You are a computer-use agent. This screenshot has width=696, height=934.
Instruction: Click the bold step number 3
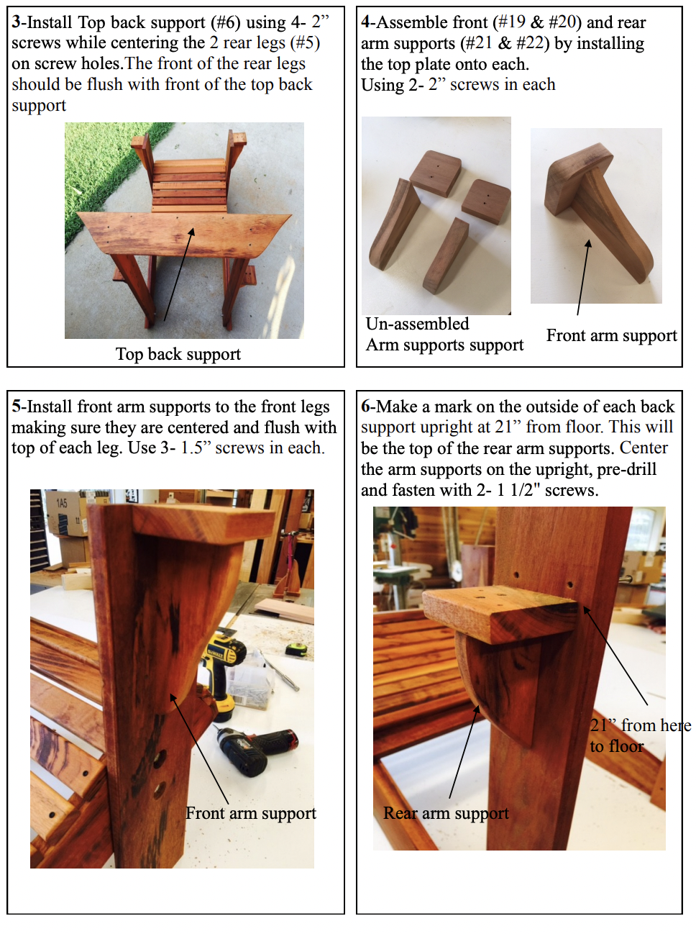coord(16,22)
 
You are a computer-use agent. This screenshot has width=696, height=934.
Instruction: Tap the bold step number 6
coord(365,407)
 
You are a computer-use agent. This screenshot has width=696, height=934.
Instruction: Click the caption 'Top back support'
coord(178,354)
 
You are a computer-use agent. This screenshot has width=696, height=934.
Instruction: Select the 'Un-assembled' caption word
coord(417,324)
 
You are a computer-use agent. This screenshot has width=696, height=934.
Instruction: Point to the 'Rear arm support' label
coord(446,813)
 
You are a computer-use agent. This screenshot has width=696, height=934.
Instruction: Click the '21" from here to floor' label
coord(640,735)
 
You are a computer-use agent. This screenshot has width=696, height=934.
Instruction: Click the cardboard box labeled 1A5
coord(67,513)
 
